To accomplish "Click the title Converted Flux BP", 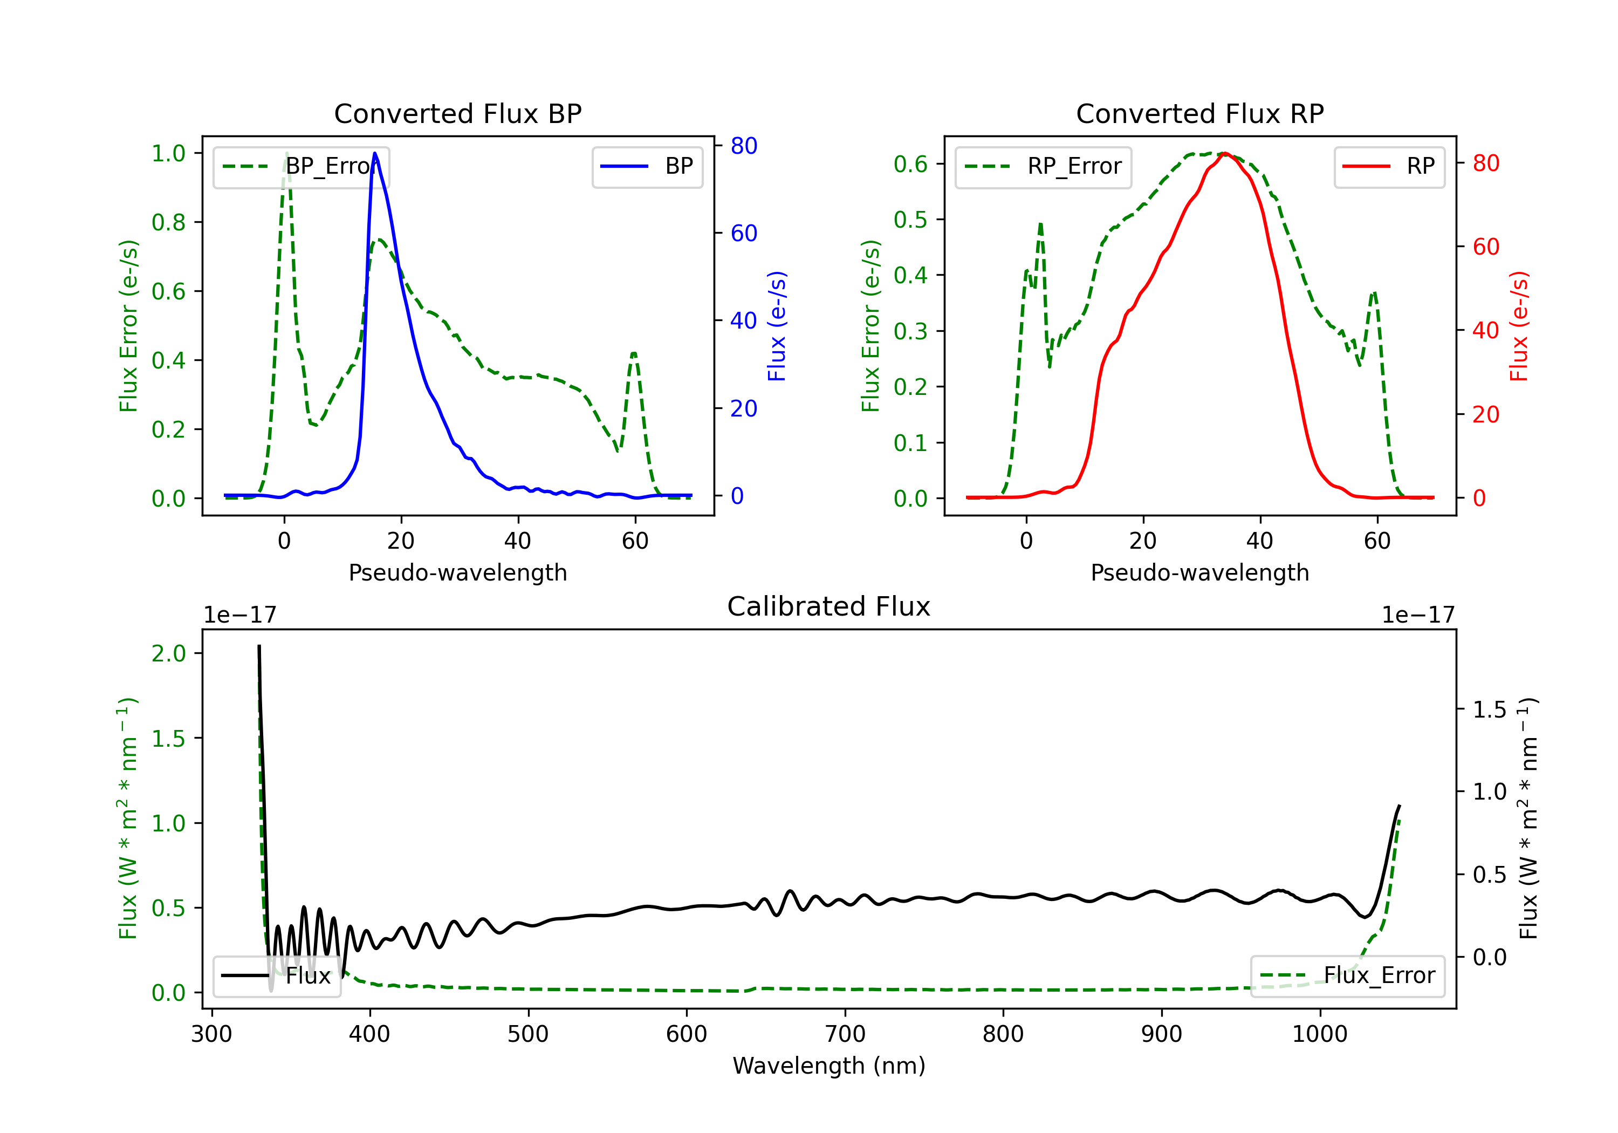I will coord(457,113).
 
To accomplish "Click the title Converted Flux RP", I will coord(1199,113).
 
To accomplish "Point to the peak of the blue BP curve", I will coord(374,153).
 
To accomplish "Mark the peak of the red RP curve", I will coord(1225,153).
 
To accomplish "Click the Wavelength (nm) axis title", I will coord(829,1066).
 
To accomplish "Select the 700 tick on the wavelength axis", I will coord(845,1034).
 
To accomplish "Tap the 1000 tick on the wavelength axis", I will coord(1319,1034).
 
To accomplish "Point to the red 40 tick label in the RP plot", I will coord(1485,330).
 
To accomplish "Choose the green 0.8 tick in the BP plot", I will coord(168,222).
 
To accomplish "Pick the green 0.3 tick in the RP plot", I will coord(910,331).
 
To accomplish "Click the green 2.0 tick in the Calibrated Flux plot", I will coord(168,653).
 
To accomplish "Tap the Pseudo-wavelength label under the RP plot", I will coord(1199,572).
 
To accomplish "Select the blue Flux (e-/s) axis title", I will coord(777,326).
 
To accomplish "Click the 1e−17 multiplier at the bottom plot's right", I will coord(1418,615).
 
